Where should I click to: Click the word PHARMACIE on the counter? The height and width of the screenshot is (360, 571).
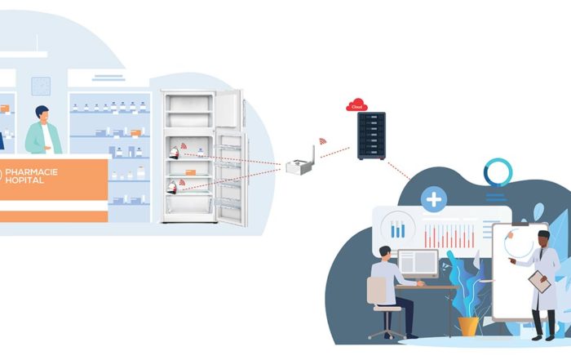click(x=31, y=172)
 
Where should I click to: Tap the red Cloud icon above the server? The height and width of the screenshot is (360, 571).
click(x=356, y=105)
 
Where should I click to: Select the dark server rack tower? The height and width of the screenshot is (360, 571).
click(x=371, y=136)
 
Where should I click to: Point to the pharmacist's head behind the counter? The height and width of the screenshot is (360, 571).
click(x=42, y=114)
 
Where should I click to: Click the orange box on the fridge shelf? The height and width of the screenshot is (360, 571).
click(x=190, y=172)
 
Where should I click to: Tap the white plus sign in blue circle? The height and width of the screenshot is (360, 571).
click(x=434, y=199)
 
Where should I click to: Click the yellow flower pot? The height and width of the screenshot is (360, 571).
click(x=468, y=326)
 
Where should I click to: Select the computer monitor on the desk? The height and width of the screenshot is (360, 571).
click(x=418, y=264)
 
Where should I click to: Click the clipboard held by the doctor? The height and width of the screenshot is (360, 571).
click(x=540, y=282)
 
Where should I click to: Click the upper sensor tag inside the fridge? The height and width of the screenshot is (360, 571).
click(x=175, y=153)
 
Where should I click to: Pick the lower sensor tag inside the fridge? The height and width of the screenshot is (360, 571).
click(x=172, y=187)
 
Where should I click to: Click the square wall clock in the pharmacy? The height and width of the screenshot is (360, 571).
click(x=41, y=87)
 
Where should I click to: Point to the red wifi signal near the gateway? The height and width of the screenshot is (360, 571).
click(x=323, y=141)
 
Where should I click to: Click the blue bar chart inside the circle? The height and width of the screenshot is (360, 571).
click(x=398, y=229)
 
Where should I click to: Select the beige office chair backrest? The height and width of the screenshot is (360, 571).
click(x=377, y=290)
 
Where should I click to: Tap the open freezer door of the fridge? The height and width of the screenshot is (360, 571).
click(x=229, y=109)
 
